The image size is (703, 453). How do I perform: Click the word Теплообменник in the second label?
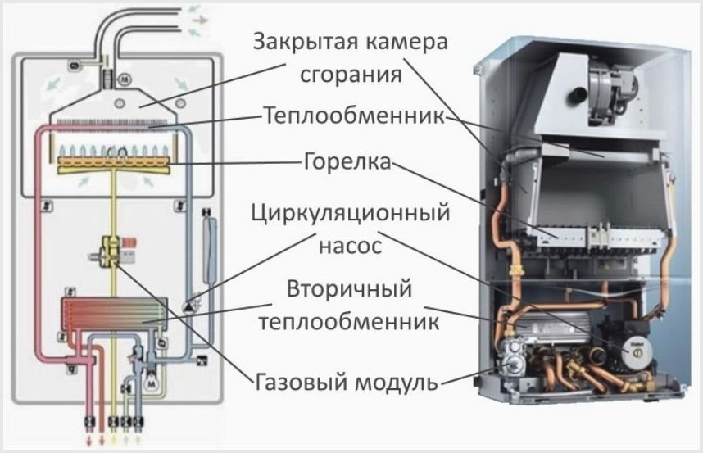[x=354, y=116]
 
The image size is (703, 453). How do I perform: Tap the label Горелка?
[x=347, y=161]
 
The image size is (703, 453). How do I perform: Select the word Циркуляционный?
[x=350, y=213]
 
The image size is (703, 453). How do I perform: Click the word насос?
[x=350, y=246]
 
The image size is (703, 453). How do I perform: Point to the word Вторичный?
[x=349, y=289]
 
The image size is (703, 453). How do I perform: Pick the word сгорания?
[x=350, y=75]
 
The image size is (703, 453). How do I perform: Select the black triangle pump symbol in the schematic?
[x=187, y=307]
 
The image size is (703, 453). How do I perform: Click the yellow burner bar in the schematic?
[x=115, y=165]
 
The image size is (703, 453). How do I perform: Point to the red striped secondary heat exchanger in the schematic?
[x=114, y=315]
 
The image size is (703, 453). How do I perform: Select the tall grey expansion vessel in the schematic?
[x=210, y=250]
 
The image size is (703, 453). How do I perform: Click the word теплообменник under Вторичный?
[x=349, y=322]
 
